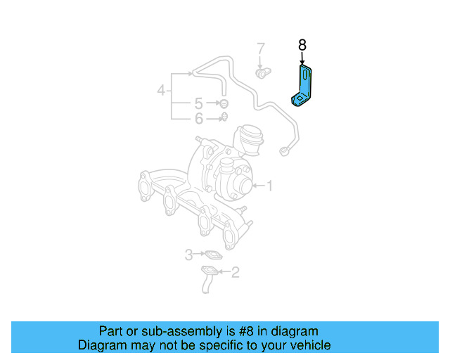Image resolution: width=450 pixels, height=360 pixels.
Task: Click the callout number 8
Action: pos(302,45)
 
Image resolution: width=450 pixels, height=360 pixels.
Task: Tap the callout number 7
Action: pos(261,49)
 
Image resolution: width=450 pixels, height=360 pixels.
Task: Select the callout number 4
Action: pos(161,90)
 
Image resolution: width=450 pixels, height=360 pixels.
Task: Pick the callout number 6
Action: pos(199,118)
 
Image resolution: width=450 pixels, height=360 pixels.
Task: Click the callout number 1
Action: pos(268,186)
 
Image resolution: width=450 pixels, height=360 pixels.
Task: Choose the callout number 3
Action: pos(188,254)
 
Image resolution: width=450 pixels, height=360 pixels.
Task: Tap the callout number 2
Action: pos(235,271)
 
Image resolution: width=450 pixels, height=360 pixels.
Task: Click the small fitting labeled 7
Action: pos(262,72)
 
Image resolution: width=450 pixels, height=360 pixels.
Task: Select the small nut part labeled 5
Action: pos(224,104)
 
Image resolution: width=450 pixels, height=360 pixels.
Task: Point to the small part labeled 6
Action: pos(224,117)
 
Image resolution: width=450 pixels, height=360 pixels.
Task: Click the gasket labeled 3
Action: pos(212,255)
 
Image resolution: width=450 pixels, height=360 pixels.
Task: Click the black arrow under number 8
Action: pos(302,58)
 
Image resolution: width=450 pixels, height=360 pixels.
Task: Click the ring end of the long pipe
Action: pos(285,150)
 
